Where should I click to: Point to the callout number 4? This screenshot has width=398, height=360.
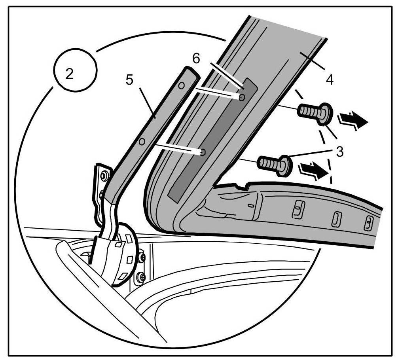point(329,80)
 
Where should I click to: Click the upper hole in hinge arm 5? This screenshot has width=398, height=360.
point(182,85)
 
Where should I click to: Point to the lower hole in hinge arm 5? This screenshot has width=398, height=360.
point(142,141)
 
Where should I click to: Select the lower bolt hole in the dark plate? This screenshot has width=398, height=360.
point(203,152)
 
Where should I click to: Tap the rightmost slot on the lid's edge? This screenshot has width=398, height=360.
point(368,224)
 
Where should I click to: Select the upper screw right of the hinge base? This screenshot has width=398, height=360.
point(142,258)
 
